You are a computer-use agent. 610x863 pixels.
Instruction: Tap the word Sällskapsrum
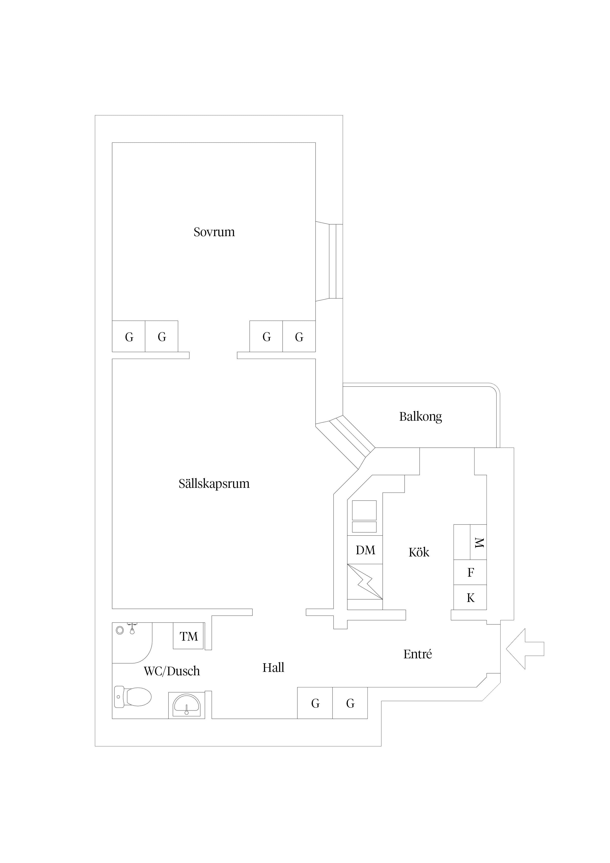click(214, 484)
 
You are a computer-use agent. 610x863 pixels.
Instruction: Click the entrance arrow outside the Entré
click(525, 648)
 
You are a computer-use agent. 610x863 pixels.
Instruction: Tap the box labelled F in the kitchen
click(470, 572)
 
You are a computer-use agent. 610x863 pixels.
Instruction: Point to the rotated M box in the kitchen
click(478, 542)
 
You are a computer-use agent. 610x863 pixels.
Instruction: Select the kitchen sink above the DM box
click(364, 516)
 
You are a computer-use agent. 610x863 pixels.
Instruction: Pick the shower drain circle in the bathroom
click(120, 630)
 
